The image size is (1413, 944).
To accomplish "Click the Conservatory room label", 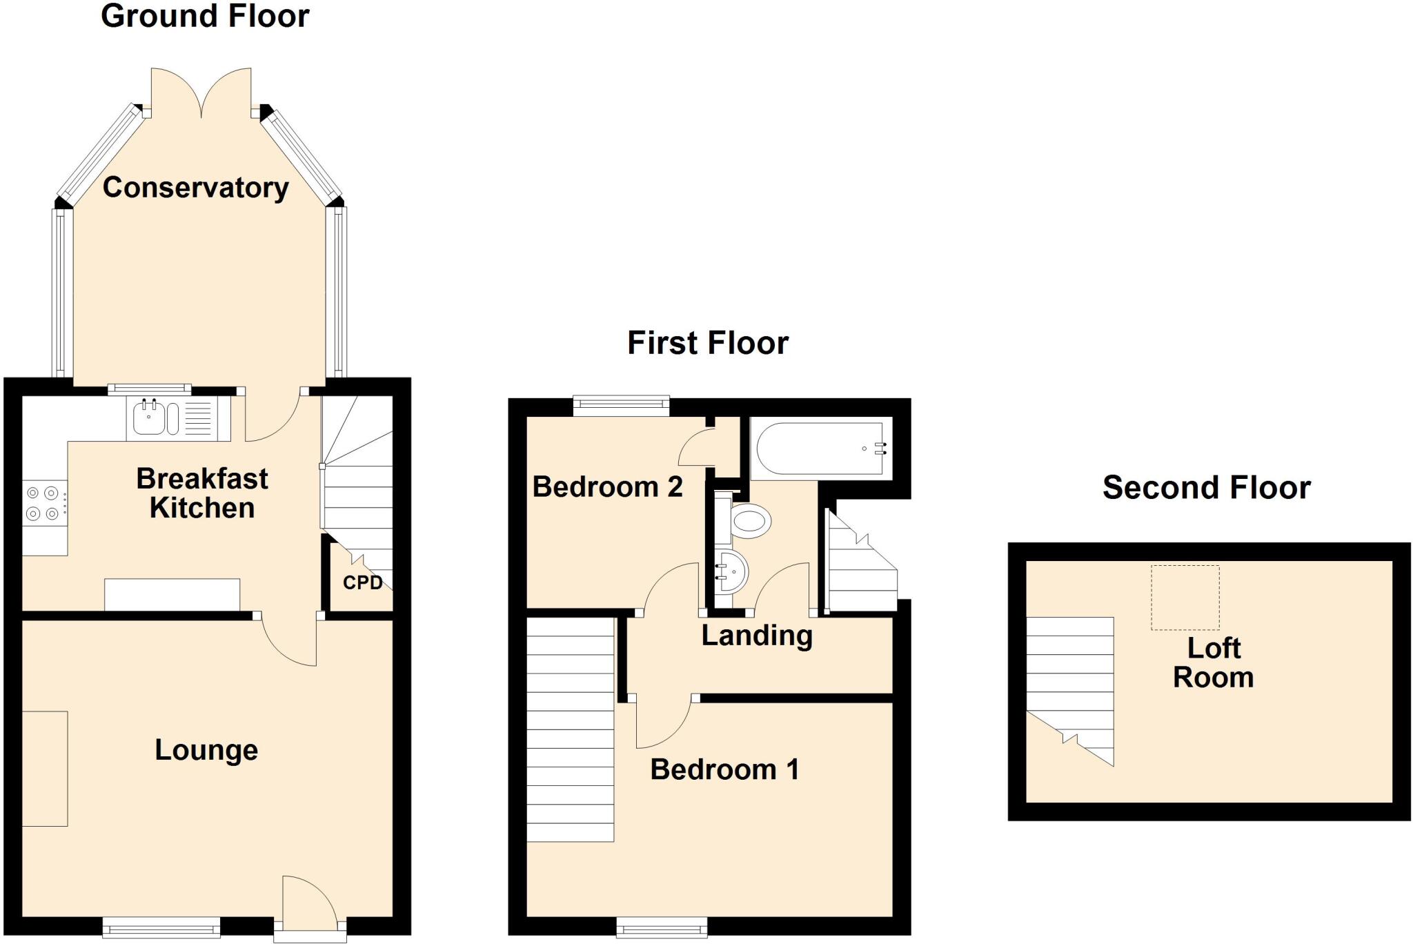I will [195, 188].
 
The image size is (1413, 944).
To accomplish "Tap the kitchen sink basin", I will [148, 418].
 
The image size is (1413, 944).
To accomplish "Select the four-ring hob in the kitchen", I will [43, 503].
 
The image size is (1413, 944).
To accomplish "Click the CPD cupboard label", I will [362, 582].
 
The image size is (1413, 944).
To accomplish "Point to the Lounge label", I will [206, 749].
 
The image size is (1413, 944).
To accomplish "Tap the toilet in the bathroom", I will [750, 520].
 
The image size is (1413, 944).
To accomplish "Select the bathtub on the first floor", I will [820, 449].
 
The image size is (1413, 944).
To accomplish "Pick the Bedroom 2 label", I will [607, 487].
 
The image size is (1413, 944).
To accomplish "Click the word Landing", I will [757, 636].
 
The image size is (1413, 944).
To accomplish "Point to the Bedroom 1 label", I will [724, 769].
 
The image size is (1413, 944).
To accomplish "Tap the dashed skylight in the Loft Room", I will [1185, 598].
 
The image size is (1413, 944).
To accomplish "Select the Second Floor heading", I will [1206, 488].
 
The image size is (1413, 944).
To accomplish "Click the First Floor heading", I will [707, 343].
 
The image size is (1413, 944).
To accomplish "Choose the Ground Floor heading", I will [205, 16].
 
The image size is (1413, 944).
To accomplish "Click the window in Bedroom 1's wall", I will [662, 926].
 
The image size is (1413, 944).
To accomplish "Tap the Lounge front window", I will [161, 926].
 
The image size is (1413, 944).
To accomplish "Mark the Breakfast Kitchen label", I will [202, 493].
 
